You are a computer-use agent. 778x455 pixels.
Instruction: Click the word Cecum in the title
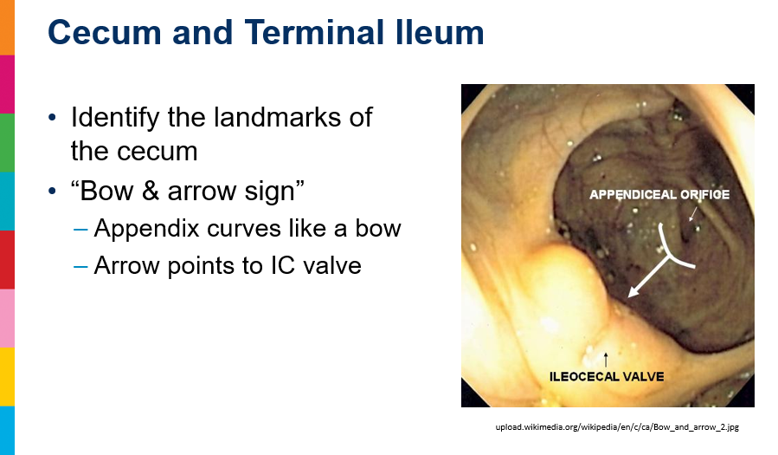(x=105, y=33)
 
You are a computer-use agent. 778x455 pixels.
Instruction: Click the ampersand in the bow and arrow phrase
(x=150, y=191)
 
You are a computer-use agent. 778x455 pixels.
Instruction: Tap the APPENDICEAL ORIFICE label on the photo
(x=659, y=195)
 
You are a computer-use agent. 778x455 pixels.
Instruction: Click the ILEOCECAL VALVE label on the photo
(x=607, y=376)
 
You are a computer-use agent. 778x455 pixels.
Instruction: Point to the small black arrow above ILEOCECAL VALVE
(x=605, y=361)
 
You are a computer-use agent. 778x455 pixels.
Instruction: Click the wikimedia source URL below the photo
(x=617, y=426)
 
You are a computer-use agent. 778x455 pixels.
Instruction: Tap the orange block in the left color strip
(x=7, y=28)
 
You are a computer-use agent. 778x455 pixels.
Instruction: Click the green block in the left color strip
(x=7, y=142)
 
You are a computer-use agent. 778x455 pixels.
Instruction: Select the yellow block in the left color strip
(x=7, y=376)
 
